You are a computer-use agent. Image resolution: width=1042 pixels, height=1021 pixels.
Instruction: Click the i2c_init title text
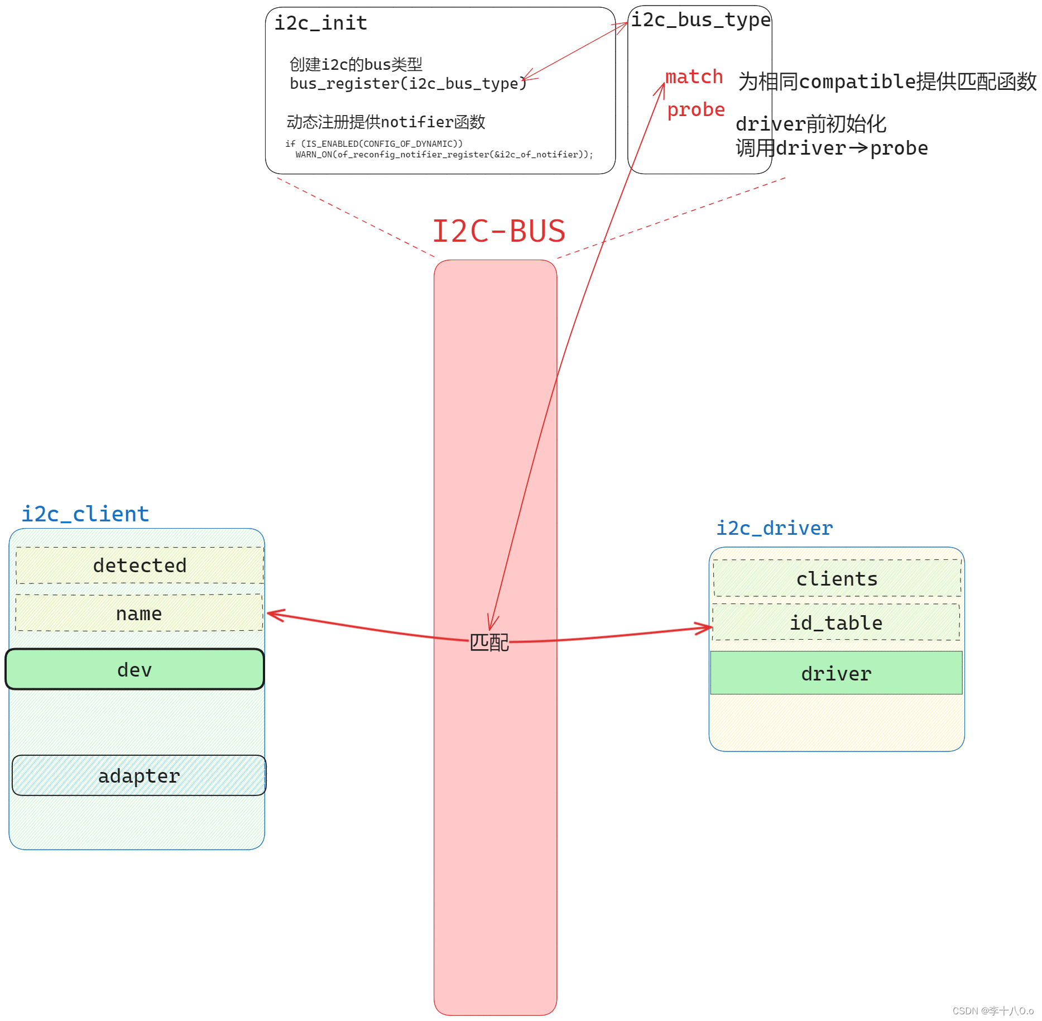320,23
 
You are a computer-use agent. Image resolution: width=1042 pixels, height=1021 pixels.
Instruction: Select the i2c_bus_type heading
700,20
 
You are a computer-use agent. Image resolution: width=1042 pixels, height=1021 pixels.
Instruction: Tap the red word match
694,77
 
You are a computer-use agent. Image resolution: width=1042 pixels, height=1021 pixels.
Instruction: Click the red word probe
696,110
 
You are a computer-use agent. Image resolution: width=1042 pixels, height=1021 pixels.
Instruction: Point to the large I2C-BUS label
498,231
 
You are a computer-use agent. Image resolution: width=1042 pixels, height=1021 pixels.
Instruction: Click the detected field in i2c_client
140,565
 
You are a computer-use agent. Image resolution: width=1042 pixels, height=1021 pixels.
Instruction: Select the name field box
139,613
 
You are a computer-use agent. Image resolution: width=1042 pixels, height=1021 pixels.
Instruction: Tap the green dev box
135,669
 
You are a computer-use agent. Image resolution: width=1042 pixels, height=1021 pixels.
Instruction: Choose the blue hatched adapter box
139,775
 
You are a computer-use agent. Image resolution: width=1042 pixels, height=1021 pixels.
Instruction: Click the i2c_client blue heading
85,514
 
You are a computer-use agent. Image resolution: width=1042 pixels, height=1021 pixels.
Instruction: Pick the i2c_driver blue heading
774,528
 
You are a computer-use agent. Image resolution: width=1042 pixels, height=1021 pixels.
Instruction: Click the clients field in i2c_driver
837,579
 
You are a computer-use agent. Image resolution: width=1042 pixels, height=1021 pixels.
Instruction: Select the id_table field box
836,622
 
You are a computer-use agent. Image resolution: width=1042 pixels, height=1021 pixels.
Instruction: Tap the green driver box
836,673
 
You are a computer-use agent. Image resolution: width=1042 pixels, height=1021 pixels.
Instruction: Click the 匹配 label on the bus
489,643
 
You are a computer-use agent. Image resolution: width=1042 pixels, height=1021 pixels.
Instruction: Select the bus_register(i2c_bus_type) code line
407,84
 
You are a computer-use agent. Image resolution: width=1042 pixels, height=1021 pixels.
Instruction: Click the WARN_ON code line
444,155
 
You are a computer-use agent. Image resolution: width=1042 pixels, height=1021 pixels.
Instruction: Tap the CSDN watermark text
992,1011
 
